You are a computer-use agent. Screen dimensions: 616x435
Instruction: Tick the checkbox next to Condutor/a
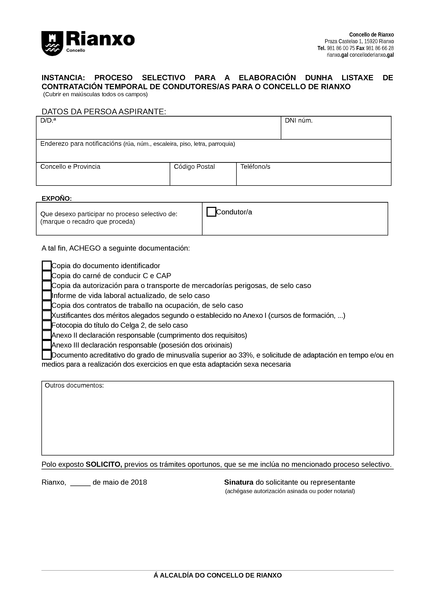coord(211,212)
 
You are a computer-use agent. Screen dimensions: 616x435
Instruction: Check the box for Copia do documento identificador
coord(47,266)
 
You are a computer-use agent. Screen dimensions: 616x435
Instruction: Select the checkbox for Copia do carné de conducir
coord(47,276)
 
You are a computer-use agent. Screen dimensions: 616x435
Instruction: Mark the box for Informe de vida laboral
coord(47,295)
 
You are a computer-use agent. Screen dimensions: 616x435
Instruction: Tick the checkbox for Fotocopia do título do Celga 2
coord(47,325)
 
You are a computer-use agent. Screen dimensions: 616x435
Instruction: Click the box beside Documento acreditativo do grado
coord(47,355)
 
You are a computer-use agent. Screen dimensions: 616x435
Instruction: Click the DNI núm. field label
coord(299,121)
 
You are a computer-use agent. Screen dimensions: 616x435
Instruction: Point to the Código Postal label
coord(194,167)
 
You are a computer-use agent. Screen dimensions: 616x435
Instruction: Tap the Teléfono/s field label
coord(255,167)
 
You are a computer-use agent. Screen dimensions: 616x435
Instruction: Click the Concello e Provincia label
coord(70,167)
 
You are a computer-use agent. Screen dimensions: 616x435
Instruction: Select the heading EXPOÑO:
coord(57,199)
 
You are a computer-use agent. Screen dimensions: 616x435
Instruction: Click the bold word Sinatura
coord(238,482)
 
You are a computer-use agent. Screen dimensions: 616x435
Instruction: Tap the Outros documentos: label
coord(74,386)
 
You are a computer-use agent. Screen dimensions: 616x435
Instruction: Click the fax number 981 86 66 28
coord(380,48)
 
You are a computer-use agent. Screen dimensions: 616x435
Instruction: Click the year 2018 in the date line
coord(139,482)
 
